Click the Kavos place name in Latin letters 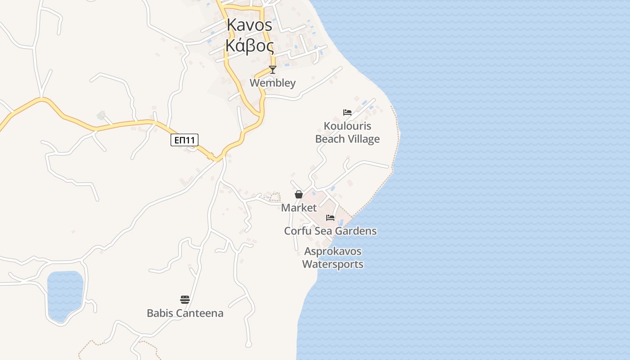[249, 25]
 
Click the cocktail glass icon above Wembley [272, 69]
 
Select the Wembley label [273, 83]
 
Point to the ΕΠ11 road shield [184, 140]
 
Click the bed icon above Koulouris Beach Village [347, 112]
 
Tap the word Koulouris [347, 126]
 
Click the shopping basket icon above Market [298, 194]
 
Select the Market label [299, 208]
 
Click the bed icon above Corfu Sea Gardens [330, 218]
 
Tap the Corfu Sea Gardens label [330, 231]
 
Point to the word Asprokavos [333, 251]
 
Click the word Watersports [333, 264]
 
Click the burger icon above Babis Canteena [185, 300]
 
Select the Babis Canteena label [185, 313]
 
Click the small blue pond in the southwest [65, 295]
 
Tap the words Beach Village [347, 139]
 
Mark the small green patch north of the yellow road [101, 116]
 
